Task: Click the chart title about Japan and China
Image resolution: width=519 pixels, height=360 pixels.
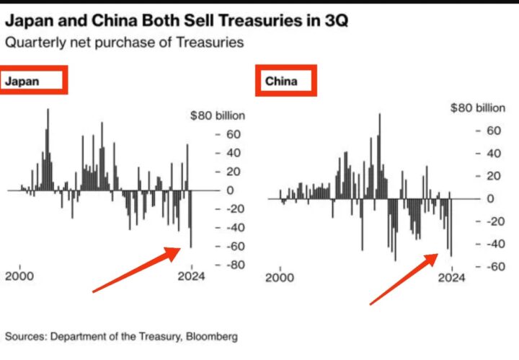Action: point(176,21)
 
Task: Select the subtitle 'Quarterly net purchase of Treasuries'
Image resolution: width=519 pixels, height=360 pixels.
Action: point(124,42)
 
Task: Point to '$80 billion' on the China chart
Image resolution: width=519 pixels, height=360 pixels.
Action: point(478,108)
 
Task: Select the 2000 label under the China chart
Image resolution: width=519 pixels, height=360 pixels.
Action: point(280,276)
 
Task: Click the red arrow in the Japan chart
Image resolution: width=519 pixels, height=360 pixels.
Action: point(137,270)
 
